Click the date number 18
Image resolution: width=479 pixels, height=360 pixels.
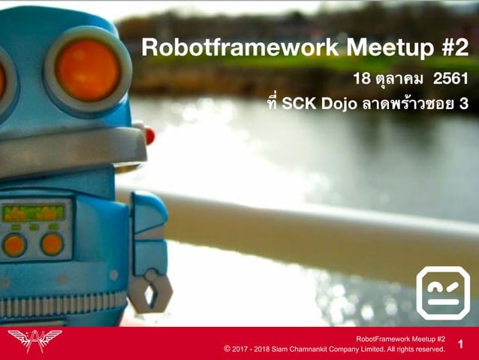click(362, 78)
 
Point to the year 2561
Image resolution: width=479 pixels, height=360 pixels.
click(450, 78)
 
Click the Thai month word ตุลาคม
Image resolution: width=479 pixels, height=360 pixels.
click(398, 79)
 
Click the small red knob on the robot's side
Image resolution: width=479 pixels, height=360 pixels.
click(149, 136)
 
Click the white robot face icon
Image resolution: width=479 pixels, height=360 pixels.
click(443, 292)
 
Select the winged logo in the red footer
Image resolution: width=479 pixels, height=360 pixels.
click(34, 340)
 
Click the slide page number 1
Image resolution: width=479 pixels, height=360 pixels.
click(460, 345)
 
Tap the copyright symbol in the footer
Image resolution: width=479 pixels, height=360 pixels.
click(227, 349)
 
